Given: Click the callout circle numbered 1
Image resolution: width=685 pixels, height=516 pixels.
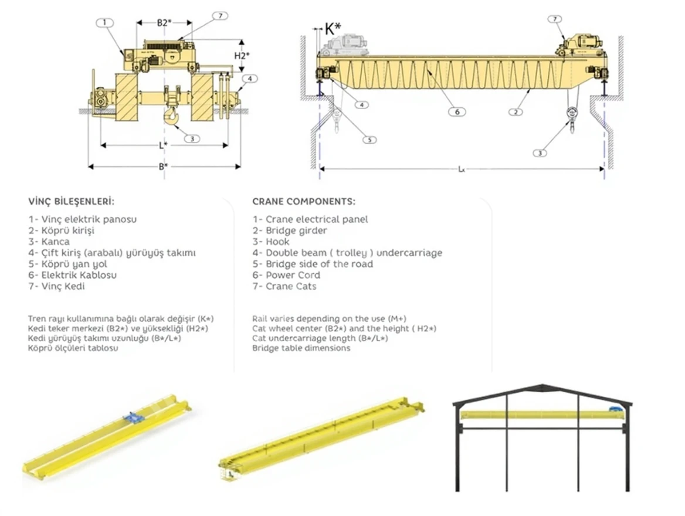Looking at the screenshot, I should point(104,23).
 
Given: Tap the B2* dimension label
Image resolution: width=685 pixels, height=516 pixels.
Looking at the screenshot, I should point(164,23).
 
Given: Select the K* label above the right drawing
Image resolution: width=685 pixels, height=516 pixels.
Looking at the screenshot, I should point(333,28).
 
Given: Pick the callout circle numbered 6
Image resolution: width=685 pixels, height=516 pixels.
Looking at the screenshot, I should point(454,111).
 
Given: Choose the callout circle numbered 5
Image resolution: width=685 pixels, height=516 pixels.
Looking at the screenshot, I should point(369,140).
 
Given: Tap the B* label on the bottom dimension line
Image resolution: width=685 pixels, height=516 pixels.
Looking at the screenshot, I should point(164,167).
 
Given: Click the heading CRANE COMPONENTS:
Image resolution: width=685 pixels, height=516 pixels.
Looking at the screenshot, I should point(303,202).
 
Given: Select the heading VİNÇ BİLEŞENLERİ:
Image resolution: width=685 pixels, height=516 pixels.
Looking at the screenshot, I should point(71,202).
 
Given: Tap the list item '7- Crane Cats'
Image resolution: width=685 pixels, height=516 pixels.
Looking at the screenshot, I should point(284,286).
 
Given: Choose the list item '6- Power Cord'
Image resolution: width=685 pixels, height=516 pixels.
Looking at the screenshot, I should point(286,275).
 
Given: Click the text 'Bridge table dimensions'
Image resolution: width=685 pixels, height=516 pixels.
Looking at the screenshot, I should point(301,348).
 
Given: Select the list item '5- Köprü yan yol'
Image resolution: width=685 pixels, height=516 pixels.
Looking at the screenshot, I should point(69,264).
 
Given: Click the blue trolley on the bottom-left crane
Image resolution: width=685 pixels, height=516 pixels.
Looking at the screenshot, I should point(134,417).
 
